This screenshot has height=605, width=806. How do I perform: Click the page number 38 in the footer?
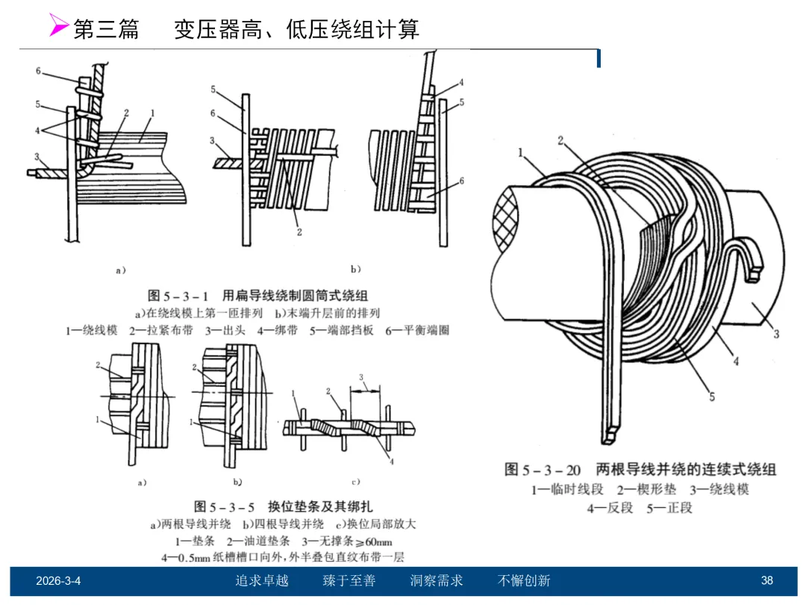(766, 580)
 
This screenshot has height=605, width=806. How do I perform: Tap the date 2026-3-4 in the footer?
(58, 580)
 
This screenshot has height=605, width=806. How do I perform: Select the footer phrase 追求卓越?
(262, 580)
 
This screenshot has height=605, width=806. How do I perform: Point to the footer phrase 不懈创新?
(524, 580)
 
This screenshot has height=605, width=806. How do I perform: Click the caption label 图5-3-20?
(543, 470)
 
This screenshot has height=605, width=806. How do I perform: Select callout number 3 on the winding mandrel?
(776, 334)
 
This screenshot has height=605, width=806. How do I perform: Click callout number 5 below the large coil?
(711, 397)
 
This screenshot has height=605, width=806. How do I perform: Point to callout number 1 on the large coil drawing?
(521, 153)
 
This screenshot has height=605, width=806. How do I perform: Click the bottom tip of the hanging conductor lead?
(612, 435)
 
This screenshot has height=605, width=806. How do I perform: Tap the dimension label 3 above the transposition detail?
(361, 376)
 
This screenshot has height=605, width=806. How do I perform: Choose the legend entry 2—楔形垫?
(640, 490)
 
